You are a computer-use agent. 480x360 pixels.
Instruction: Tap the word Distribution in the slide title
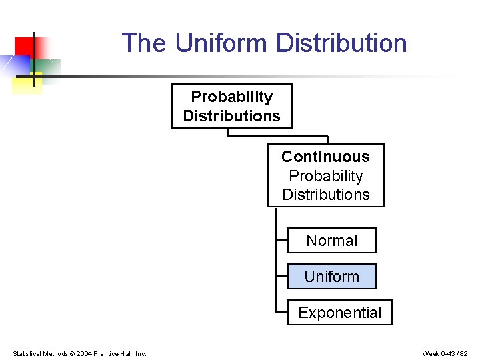click(341, 43)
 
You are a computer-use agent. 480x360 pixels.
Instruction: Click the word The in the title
click(144, 43)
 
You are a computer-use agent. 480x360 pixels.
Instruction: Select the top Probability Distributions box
click(231, 106)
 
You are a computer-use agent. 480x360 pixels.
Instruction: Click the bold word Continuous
click(325, 157)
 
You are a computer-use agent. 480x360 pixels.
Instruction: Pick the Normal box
click(331, 241)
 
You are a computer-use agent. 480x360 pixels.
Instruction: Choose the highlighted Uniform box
click(331, 277)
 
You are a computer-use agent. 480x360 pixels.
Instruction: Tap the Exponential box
click(339, 313)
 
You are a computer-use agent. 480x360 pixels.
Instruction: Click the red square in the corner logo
click(23, 46)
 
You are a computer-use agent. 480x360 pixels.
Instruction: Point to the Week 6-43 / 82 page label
click(445, 353)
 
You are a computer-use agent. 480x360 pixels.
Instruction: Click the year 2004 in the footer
click(84, 353)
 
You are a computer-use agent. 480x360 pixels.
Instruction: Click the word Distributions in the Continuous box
click(325, 195)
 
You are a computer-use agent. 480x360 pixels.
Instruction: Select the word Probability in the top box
click(231, 97)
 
